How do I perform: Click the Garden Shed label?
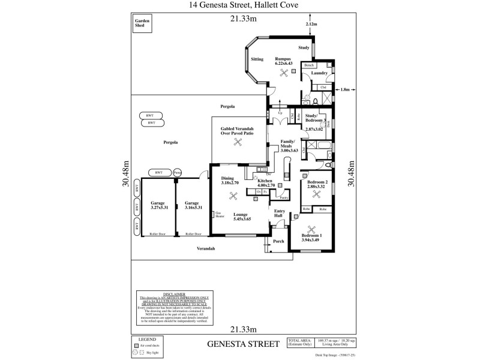pos(142,23)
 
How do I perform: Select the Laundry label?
pos(319,73)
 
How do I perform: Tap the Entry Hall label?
pos(279,213)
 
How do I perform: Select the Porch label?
pos(278,241)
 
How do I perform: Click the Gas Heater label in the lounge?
pos(219,214)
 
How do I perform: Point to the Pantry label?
pos(284,197)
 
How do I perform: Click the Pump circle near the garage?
pos(177,173)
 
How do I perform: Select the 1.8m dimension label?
pos(345,90)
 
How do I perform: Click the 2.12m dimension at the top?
pos(311,24)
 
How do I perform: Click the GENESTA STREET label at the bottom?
pos(243,344)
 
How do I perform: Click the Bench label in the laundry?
pos(308,65)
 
